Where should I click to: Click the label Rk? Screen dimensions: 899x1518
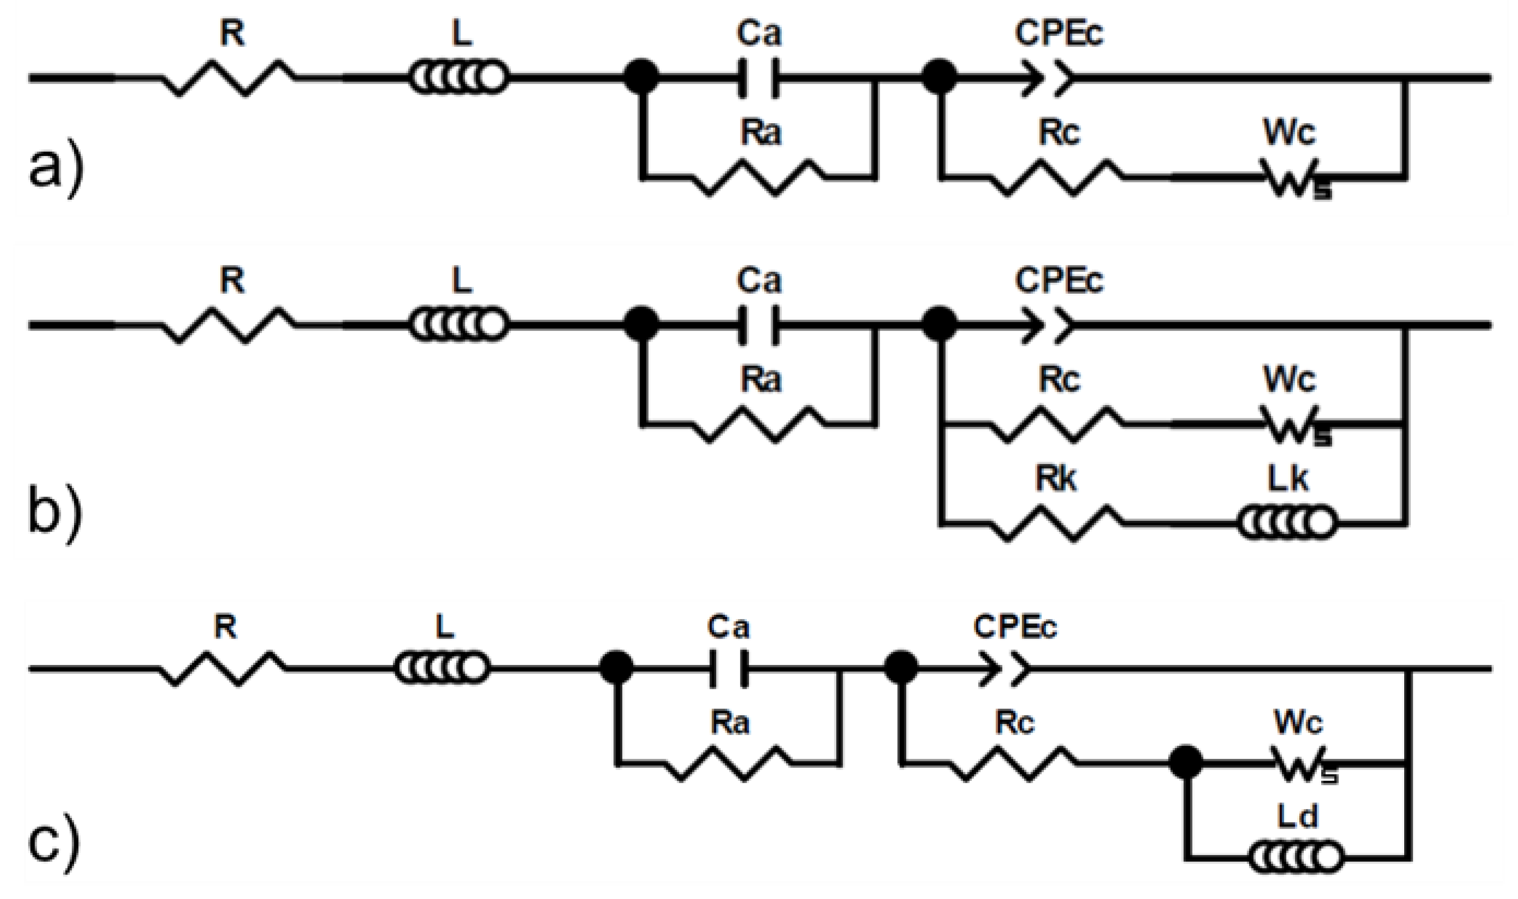pyautogui.click(x=1056, y=480)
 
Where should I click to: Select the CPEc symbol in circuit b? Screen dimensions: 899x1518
pyautogui.click(x=1045, y=326)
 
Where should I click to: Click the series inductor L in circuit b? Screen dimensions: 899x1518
pyautogui.click(x=459, y=326)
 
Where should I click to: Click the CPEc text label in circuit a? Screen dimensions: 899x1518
pyautogui.click(x=1059, y=34)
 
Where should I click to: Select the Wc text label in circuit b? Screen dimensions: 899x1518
pyautogui.click(x=1289, y=380)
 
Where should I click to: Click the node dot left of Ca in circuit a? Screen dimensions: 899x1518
pyautogui.click(x=641, y=78)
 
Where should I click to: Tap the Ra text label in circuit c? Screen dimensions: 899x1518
pyautogui.click(x=729, y=723)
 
